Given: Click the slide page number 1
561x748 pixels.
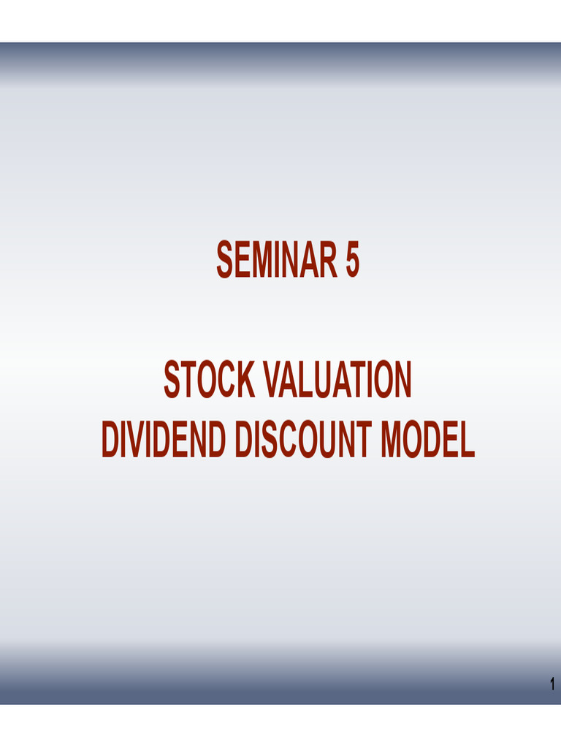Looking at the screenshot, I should click(552, 685).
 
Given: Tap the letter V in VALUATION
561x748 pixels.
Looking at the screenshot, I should click(271, 381).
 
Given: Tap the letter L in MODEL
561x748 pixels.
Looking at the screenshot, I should click(467, 441).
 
